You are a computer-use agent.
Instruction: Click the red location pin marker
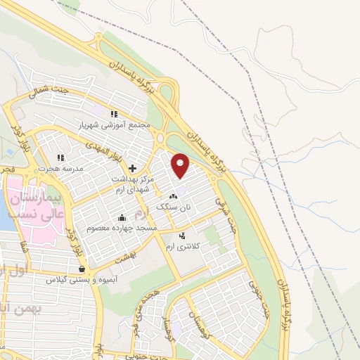(181, 165)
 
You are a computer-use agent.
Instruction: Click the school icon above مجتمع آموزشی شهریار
(113, 113)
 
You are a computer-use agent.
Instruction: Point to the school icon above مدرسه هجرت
(60, 157)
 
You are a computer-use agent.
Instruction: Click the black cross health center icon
(132, 167)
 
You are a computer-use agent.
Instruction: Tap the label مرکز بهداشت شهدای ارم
(131, 184)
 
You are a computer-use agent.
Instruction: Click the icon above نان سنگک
(173, 196)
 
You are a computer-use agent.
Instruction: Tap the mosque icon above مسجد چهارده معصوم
(122, 217)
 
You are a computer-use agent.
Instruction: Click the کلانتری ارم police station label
(183, 247)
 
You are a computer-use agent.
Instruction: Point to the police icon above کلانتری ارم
(183, 236)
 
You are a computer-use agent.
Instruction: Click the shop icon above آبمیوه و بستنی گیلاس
(82, 269)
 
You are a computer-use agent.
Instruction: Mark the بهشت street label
(125, 259)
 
